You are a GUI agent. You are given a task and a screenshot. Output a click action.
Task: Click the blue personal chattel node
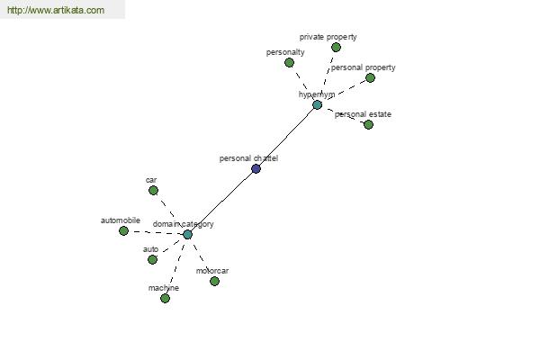[x=256, y=169]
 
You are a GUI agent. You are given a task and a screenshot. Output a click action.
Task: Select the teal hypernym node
[x=317, y=104]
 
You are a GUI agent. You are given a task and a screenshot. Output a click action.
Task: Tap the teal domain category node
[x=187, y=235]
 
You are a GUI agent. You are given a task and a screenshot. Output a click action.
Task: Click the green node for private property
[x=336, y=47]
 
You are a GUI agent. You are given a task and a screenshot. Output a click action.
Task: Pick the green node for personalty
[x=289, y=63]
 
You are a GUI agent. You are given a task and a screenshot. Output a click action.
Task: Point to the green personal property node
[x=370, y=78]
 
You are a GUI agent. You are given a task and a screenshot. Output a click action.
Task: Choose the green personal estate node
[x=368, y=124]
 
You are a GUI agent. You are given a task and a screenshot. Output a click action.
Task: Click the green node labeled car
[x=153, y=190]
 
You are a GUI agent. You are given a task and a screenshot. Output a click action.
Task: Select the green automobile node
[x=123, y=230]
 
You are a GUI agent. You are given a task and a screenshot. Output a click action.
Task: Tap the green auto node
[x=152, y=259]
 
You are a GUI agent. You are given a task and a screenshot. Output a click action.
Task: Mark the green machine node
[x=165, y=298]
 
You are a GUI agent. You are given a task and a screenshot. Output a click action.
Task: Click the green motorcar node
[x=214, y=282]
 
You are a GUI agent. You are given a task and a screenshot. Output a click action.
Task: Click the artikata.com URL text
[x=56, y=10]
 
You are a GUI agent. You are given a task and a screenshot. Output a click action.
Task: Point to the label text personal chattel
[x=248, y=158]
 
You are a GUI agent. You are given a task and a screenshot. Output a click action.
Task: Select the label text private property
[x=328, y=37]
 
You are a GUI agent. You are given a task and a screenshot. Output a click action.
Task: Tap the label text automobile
[x=121, y=220]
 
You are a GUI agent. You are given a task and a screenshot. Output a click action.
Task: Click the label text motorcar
[x=212, y=271]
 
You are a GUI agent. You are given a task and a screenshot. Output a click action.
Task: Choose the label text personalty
[x=285, y=52]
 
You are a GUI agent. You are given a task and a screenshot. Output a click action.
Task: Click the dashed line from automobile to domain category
[x=156, y=233]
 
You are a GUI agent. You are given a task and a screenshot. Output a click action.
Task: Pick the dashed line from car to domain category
[x=167, y=209]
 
